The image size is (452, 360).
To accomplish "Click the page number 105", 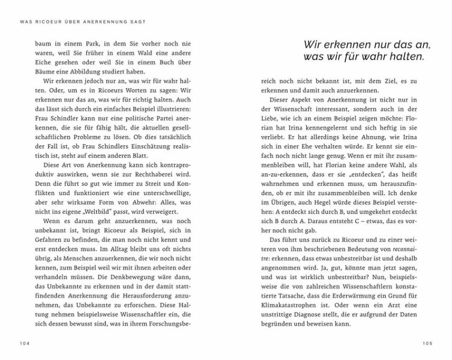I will (427, 344).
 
